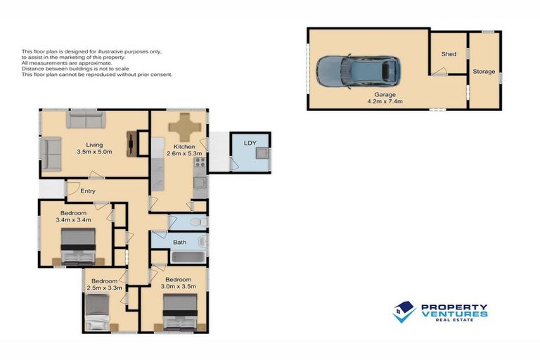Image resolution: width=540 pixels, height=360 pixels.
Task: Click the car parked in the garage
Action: [x=358, y=70]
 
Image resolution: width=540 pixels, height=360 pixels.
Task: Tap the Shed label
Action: [x=448, y=54]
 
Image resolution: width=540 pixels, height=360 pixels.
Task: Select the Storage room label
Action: [x=484, y=72]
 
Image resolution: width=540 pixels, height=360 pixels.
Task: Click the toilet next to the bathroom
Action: [x=200, y=222]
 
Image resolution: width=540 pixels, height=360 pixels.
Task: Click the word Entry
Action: [x=88, y=191]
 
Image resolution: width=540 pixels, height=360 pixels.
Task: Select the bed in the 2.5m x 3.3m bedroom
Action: [x=97, y=311]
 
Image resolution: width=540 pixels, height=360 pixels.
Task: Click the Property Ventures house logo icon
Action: [x=404, y=311]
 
